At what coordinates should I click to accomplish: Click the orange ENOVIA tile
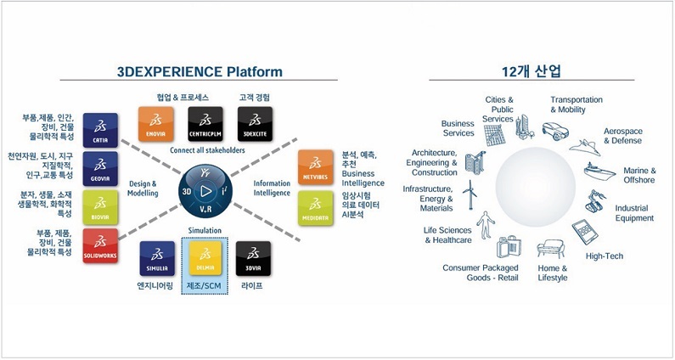(x=156, y=124)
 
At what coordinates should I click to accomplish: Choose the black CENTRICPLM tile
(x=205, y=124)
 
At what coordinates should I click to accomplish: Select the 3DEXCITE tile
(x=253, y=124)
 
